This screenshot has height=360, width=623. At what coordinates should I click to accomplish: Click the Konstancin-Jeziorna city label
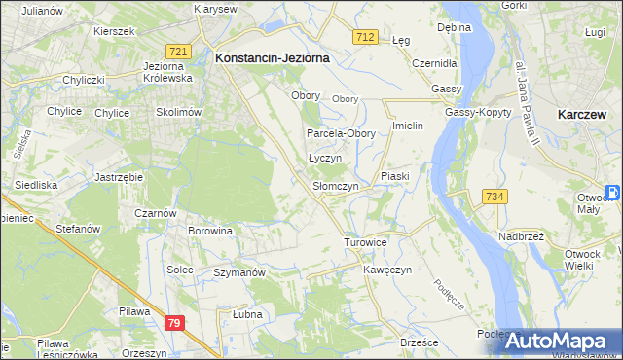pyautogui.click(x=272, y=58)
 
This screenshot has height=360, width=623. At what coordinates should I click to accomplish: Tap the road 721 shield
pyautogui.click(x=177, y=51)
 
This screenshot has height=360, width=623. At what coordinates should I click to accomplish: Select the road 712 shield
pyautogui.click(x=364, y=37)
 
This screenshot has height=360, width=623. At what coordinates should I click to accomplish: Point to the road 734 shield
pyautogui.click(x=494, y=198)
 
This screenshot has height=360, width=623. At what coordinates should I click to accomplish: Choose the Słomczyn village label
pyautogui.click(x=336, y=186)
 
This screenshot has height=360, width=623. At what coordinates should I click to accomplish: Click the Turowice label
pyautogui.click(x=365, y=241)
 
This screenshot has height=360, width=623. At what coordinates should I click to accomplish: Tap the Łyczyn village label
pyautogui.click(x=325, y=158)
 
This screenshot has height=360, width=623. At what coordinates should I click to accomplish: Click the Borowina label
pyautogui.click(x=211, y=232)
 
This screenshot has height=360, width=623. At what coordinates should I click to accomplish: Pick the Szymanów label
pyautogui.click(x=239, y=273)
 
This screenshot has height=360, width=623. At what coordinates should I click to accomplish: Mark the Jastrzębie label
pyautogui.click(x=119, y=177)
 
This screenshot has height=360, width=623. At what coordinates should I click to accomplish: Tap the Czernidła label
pyautogui.click(x=434, y=62)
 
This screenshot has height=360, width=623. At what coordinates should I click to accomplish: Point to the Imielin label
pyautogui.click(x=409, y=127)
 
